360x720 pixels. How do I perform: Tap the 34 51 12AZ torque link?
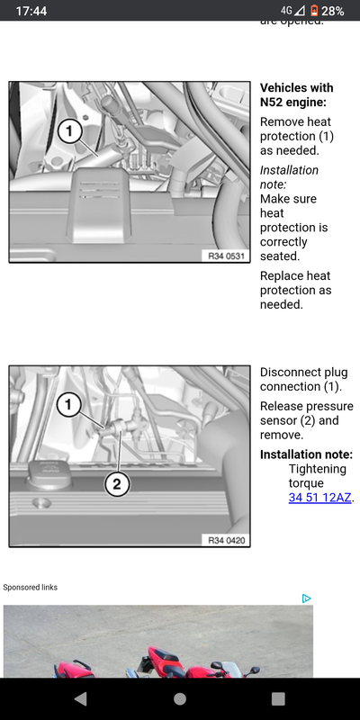click(x=320, y=498)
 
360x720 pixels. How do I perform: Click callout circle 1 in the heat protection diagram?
click(x=70, y=132)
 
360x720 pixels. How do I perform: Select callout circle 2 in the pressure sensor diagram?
click(x=117, y=484)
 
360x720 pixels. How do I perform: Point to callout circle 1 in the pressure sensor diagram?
click(x=69, y=405)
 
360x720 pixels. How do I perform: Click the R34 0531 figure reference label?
click(x=226, y=256)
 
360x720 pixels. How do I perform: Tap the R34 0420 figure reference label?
click(x=226, y=541)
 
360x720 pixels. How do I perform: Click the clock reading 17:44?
click(x=31, y=11)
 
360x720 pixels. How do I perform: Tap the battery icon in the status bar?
click(x=314, y=11)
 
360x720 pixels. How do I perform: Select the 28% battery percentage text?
click(x=333, y=11)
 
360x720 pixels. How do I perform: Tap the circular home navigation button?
click(x=180, y=699)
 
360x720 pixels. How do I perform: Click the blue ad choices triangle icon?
click(x=307, y=598)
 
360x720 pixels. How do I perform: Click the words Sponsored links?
click(x=31, y=588)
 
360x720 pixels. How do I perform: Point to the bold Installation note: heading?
click(x=306, y=454)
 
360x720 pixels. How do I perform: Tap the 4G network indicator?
click(x=286, y=10)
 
